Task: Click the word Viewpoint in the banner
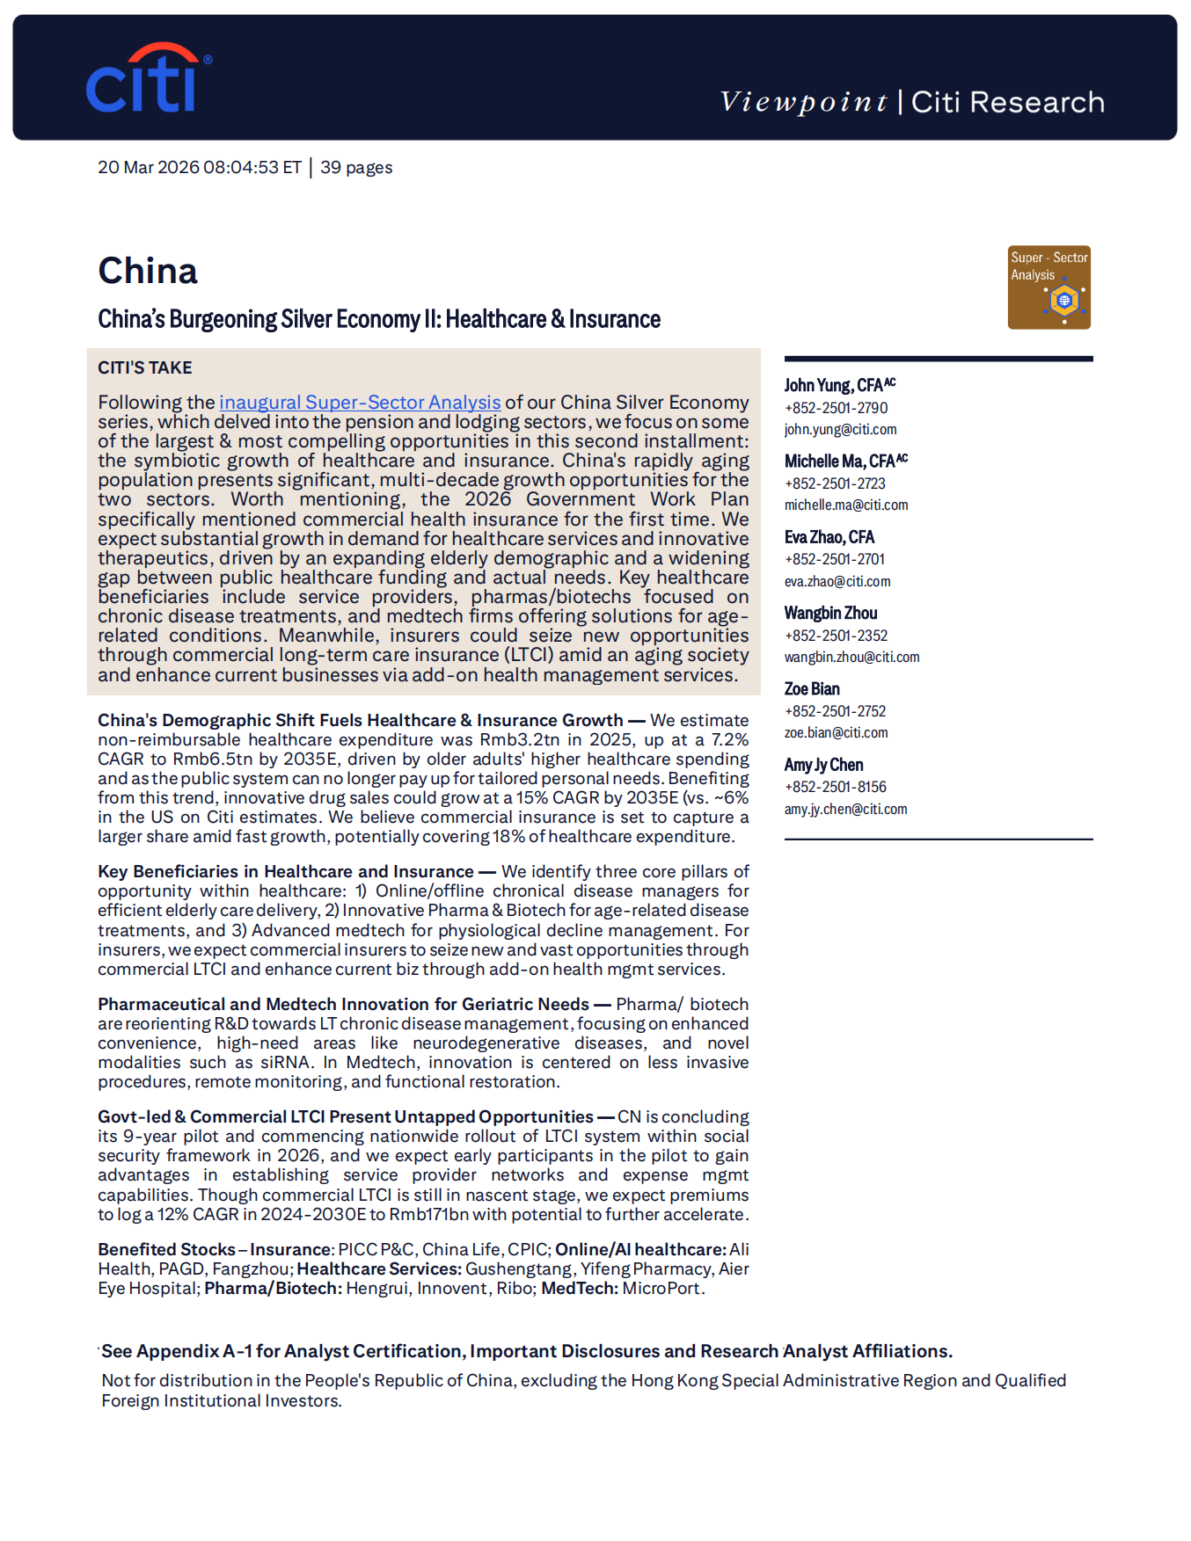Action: point(803,102)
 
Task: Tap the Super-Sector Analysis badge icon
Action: point(1049,287)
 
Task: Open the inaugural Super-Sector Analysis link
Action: point(360,403)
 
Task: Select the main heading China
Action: point(148,271)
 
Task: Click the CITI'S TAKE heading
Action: point(145,367)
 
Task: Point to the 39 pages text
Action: point(356,168)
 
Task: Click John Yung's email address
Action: point(840,430)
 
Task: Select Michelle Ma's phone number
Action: point(835,483)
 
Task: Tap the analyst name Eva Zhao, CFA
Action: point(829,537)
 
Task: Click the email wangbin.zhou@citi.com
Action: point(851,658)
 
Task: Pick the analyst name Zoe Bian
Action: point(812,689)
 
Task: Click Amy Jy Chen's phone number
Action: point(835,787)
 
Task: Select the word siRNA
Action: point(286,1063)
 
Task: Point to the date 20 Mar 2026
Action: point(149,168)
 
